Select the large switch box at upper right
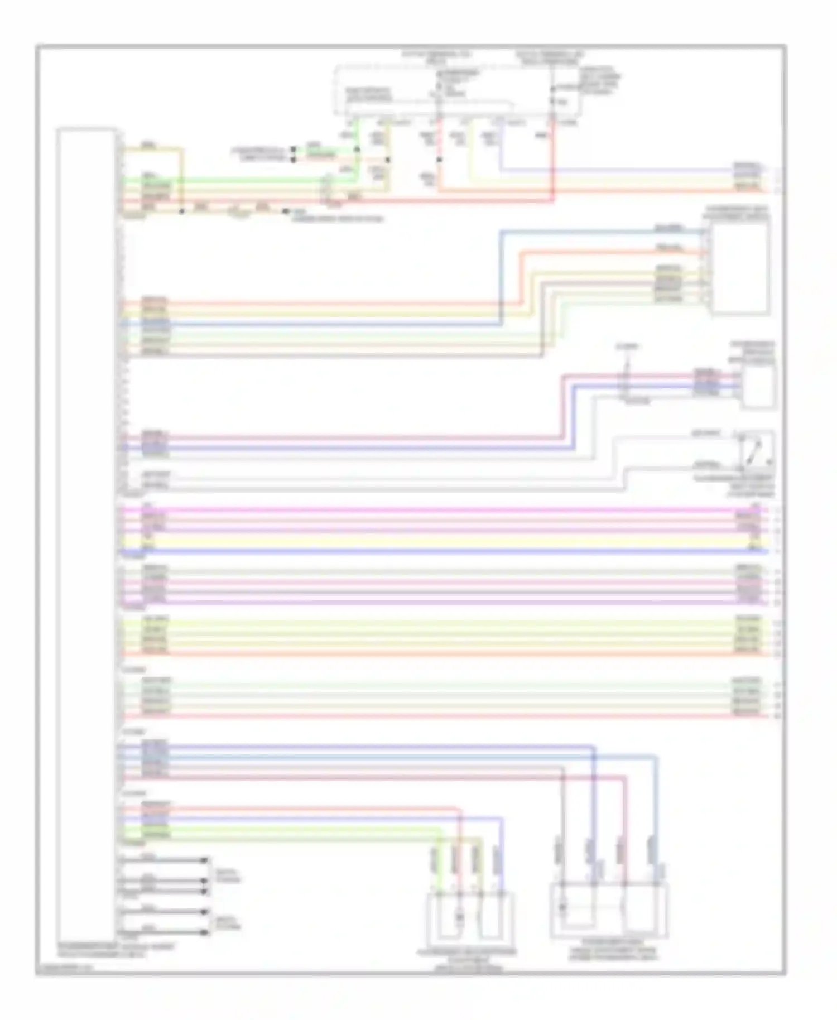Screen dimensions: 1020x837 [x=739, y=268]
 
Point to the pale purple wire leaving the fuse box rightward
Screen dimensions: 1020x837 [x=614, y=169]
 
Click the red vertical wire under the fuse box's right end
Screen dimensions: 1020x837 [x=554, y=162]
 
